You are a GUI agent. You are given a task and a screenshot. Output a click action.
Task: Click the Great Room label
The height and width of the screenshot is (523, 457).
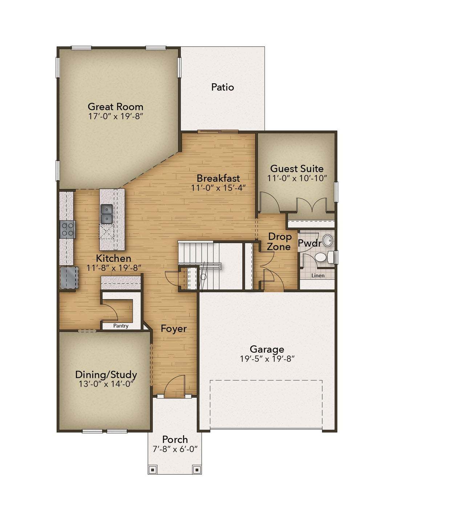[116, 107]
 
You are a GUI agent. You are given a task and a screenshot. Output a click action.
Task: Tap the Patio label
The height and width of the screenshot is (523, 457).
[222, 87]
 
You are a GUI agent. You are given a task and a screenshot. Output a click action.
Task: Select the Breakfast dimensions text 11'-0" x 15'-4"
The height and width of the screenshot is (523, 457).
[218, 188]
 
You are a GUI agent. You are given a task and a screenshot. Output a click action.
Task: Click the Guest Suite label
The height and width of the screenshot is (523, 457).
[297, 169]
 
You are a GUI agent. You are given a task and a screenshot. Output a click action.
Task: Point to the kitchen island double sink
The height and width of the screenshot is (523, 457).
[107, 214]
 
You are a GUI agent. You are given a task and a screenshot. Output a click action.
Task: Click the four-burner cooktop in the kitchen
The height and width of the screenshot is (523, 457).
[68, 230]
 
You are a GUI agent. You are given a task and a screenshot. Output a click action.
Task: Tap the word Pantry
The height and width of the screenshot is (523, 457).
[121, 326]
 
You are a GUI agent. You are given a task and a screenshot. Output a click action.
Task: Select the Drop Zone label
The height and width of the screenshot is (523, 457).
[279, 242]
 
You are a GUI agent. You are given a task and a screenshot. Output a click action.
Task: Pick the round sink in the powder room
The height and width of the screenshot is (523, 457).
[327, 240]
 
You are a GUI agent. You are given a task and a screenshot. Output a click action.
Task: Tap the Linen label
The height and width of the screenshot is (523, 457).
[318, 275]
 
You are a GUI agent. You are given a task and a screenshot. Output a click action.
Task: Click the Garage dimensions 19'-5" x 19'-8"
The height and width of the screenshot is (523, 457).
[267, 359]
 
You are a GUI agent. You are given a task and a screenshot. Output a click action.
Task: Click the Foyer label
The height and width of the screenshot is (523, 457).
[174, 329]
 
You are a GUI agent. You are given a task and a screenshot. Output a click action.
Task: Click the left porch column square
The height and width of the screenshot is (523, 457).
[153, 470]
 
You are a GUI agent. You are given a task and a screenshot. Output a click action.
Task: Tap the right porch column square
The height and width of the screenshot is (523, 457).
[197, 470]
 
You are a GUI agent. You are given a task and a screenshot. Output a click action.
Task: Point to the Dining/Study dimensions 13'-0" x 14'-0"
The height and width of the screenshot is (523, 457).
[106, 384]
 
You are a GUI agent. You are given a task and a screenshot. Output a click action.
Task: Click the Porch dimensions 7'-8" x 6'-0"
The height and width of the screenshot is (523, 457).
[175, 449]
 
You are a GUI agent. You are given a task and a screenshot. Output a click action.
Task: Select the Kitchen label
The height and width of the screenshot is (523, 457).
[113, 258]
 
